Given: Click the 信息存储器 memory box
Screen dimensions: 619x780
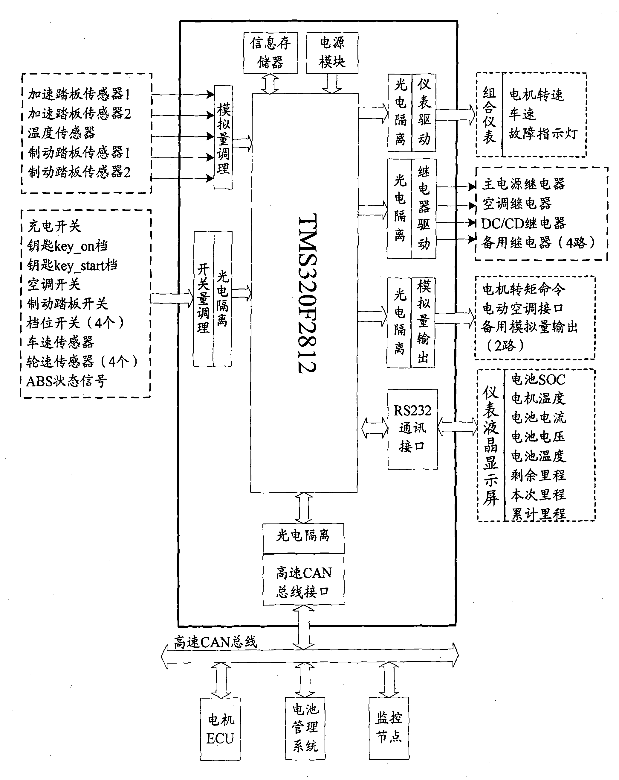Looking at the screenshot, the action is (271, 53).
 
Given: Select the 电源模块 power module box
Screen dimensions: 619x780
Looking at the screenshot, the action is (332, 53).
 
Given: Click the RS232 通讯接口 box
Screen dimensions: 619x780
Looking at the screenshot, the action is (412, 430).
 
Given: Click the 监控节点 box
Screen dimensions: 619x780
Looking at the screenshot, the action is (389, 728).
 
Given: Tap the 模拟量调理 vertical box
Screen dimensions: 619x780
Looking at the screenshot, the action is (223, 137).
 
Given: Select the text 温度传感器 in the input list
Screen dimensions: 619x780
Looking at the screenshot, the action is (62, 133).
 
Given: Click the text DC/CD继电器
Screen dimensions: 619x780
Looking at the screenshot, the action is (523, 223).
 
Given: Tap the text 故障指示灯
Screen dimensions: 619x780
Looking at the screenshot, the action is (543, 134).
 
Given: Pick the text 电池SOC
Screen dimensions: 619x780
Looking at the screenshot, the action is (538, 380).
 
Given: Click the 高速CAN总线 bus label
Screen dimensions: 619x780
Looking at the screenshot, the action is (215, 642).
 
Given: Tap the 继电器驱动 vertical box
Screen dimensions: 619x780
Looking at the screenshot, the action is (424, 209).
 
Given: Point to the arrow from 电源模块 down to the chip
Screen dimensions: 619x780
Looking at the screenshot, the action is (332, 84).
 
